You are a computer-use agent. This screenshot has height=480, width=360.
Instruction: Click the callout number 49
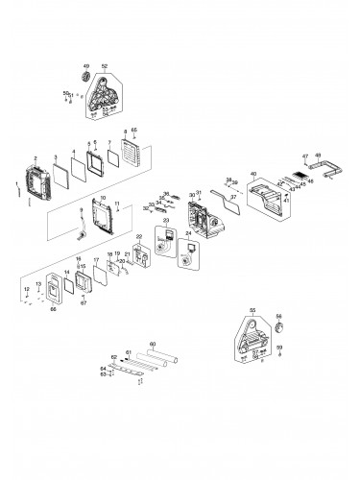pos(86,65)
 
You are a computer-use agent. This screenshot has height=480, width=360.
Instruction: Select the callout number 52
pos(104,65)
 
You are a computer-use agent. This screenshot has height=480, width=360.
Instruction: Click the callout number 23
pos(166,220)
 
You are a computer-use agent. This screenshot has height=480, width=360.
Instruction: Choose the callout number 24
pos(188,232)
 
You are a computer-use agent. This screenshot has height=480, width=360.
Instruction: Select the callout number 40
pos(253,174)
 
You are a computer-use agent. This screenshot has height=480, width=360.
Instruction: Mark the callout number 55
pos(252,310)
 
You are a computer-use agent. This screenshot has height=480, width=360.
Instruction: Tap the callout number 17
pos(95,260)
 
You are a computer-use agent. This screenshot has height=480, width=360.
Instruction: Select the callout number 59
pos(279,347)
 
